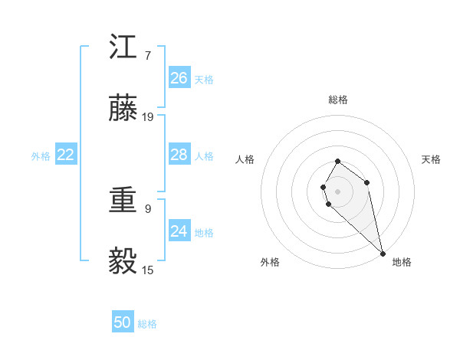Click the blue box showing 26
179,78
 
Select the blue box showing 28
179,155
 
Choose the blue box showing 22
66,155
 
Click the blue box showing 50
123,322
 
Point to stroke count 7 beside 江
148,55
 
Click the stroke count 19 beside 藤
148,117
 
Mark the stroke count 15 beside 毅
148,270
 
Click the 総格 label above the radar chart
338,100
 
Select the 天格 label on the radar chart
431,159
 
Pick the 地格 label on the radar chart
402,262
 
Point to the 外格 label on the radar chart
270,262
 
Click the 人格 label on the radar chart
245,159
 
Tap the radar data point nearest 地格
383,253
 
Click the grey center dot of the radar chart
338,191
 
